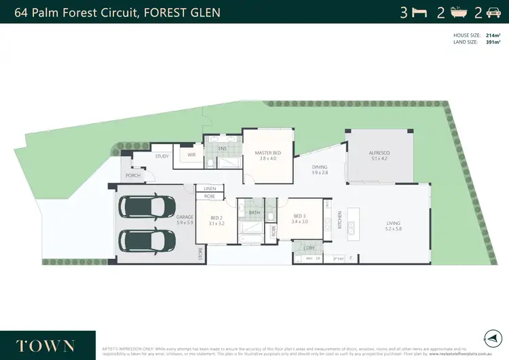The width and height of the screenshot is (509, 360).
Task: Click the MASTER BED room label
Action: [x=265, y=153]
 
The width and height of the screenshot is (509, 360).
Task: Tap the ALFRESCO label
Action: [x=379, y=154]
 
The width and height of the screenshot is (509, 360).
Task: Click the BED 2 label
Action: [x=216, y=218]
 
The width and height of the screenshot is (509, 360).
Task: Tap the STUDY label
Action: [x=162, y=156]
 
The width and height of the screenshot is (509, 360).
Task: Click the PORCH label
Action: [x=133, y=175]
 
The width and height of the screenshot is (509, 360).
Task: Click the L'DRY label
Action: [x=309, y=248]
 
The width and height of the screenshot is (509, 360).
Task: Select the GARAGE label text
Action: [x=185, y=218]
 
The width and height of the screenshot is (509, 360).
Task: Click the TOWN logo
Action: [x=46, y=346]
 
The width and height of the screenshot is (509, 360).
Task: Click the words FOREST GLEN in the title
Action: [x=183, y=12]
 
